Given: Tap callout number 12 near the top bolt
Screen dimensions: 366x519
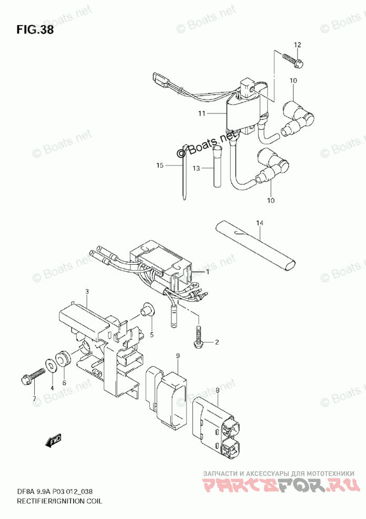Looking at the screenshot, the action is [x=297, y=45].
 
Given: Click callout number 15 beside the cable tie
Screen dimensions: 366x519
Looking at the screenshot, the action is [x=160, y=165].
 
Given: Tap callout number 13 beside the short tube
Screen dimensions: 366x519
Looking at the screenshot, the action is [x=196, y=169].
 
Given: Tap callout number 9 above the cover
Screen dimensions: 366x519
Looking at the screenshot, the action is [x=178, y=357].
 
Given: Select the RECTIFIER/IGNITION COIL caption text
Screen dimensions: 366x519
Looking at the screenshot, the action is [x=52, y=500].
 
